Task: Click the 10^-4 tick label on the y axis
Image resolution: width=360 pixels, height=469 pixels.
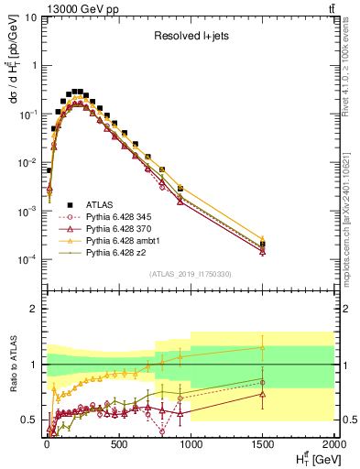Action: tap(27, 259)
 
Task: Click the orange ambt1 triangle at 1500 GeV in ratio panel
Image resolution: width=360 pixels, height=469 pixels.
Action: tap(263, 347)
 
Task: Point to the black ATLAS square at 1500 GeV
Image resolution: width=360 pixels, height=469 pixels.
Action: tap(263, 245)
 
